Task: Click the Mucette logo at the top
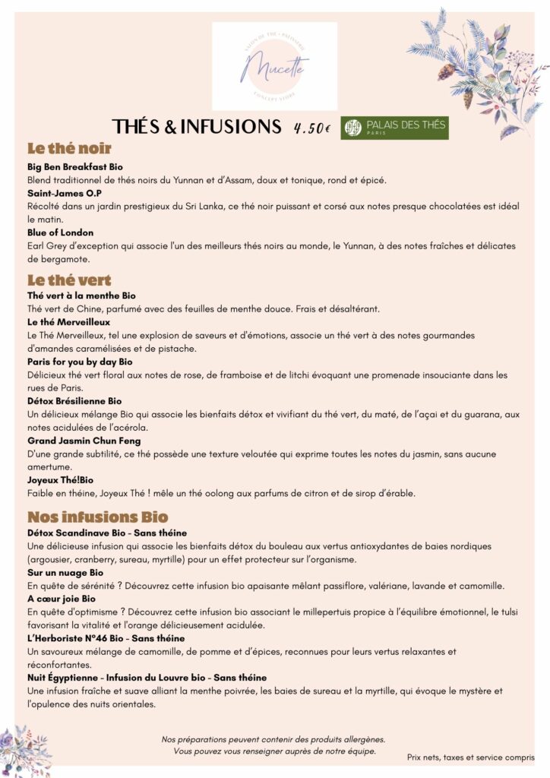(274, 66)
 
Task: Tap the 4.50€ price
(311, 128)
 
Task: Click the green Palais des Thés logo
(394, 128)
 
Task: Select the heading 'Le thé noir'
(69, 148)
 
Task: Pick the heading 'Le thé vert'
(69, 280)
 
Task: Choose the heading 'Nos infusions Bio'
(97, 517)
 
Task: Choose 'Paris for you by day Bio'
(80, 362)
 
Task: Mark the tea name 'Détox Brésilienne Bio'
(74, 400)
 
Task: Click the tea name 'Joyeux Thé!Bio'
(60, 480)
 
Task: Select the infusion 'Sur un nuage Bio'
(65, 572)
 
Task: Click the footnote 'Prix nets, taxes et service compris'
(470, 757)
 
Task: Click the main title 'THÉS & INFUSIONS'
(197, 127)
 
